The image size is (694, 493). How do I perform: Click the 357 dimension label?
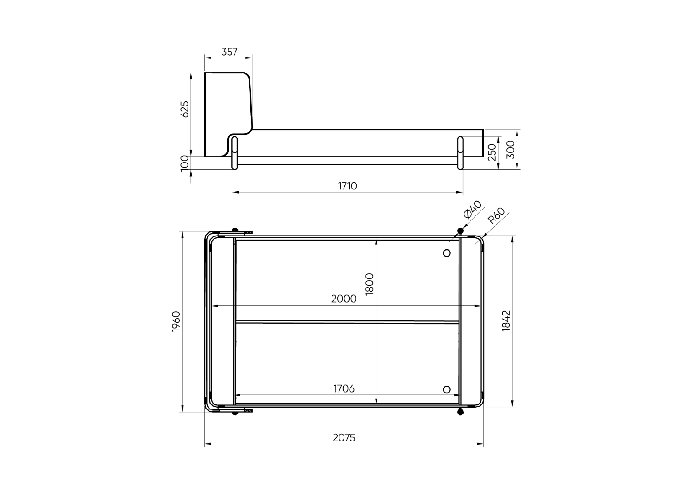coord(229,52)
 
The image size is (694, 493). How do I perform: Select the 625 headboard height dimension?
coord(185,109)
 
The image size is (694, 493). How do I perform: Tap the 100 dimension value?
coord(185,163)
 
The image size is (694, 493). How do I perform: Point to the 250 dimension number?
coord(492,152)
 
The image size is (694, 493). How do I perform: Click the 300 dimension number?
coord(511,150)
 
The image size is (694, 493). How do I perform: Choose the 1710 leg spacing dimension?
coord(347,186)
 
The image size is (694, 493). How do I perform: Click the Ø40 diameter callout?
coord(473,210)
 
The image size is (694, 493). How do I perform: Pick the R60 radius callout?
coord(496,215)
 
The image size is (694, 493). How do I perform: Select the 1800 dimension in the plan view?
coord(370,284)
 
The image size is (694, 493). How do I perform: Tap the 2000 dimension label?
coord(344,299)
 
